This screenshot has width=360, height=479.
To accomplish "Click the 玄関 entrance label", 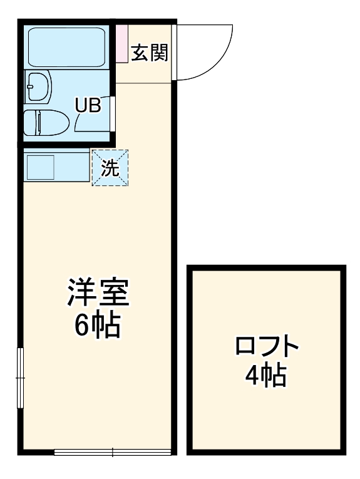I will tap(149, 54).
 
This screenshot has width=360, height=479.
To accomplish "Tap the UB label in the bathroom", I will tap(88, 105).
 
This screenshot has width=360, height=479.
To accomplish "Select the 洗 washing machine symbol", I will tap(110, 168).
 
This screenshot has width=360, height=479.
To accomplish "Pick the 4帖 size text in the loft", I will tap(265, 376).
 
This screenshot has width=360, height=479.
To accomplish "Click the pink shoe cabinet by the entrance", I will tap(121, 43).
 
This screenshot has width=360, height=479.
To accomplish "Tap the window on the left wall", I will tap(20, 378).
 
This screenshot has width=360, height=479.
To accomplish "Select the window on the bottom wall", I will tap(113, 452).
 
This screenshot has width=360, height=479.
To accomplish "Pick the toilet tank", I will tap(31, 122).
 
